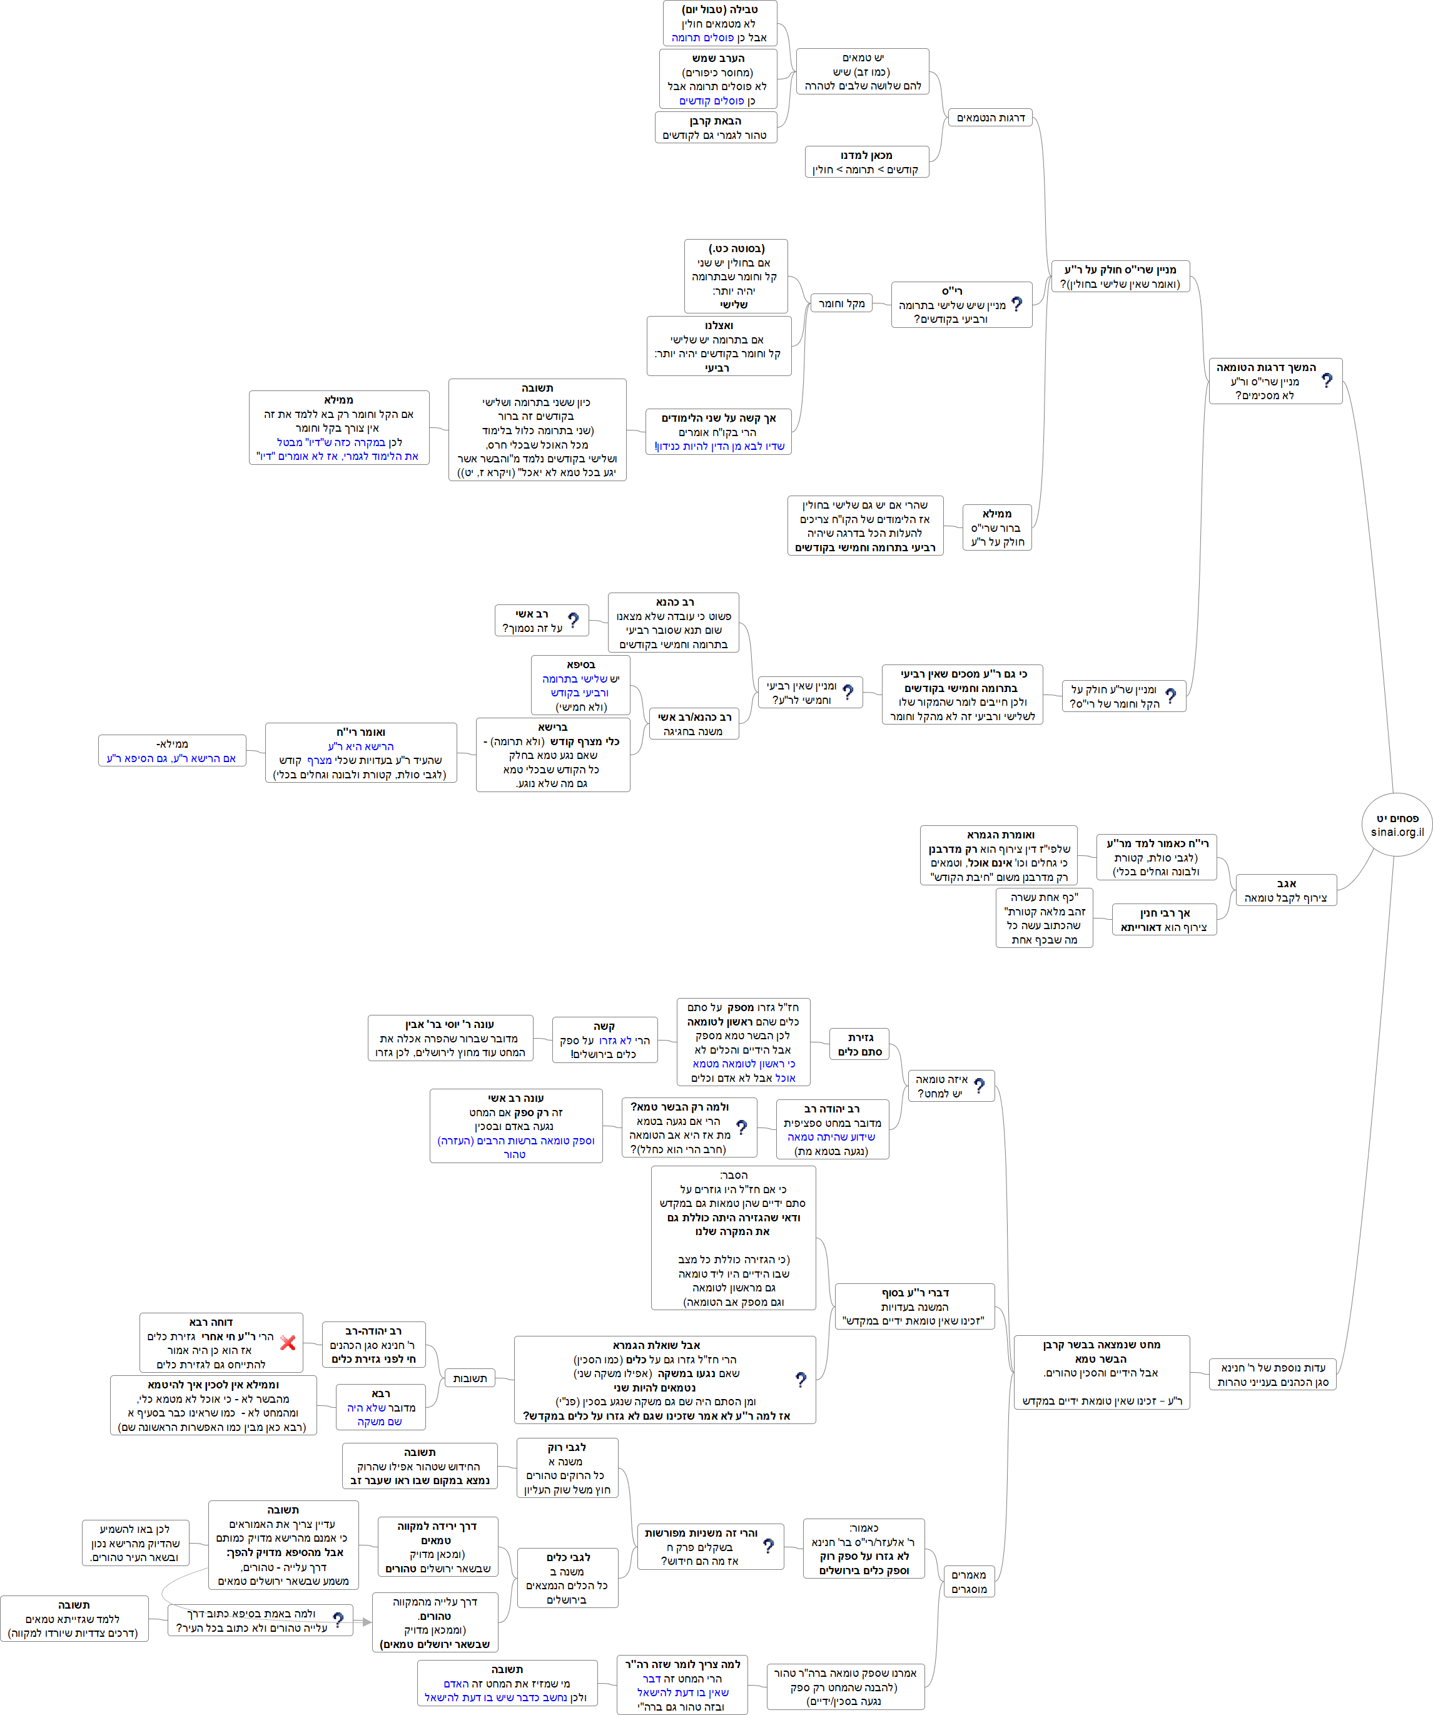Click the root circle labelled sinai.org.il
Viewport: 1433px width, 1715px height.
coord(1396,825)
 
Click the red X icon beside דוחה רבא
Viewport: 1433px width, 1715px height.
coord(288,1343)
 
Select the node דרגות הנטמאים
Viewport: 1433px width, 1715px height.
coord(990,118)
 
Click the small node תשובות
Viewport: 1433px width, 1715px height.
coord(470,1378)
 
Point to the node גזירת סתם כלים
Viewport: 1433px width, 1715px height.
coord(860,1044)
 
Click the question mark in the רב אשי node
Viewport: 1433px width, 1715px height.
coord(574,621)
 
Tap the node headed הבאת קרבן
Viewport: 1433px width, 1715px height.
coord(716,128)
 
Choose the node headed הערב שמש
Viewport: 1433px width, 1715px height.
coord(717,79)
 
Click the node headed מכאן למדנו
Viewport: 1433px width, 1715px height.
coord(866,161)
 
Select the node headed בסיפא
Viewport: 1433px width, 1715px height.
coord(580,685)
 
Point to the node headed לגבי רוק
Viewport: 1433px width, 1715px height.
coord(567,1468)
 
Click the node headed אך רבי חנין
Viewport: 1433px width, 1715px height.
coord(1163,920)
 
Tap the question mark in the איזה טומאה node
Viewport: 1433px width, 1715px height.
coord(979,1086)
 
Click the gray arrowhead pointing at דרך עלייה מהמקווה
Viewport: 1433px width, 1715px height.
coord(367,1622)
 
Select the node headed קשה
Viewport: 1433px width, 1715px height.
coord(604,1040)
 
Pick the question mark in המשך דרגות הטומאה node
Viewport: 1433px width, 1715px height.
coord(1327,380)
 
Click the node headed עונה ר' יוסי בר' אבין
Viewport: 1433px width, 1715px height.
coord(450,1038)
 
